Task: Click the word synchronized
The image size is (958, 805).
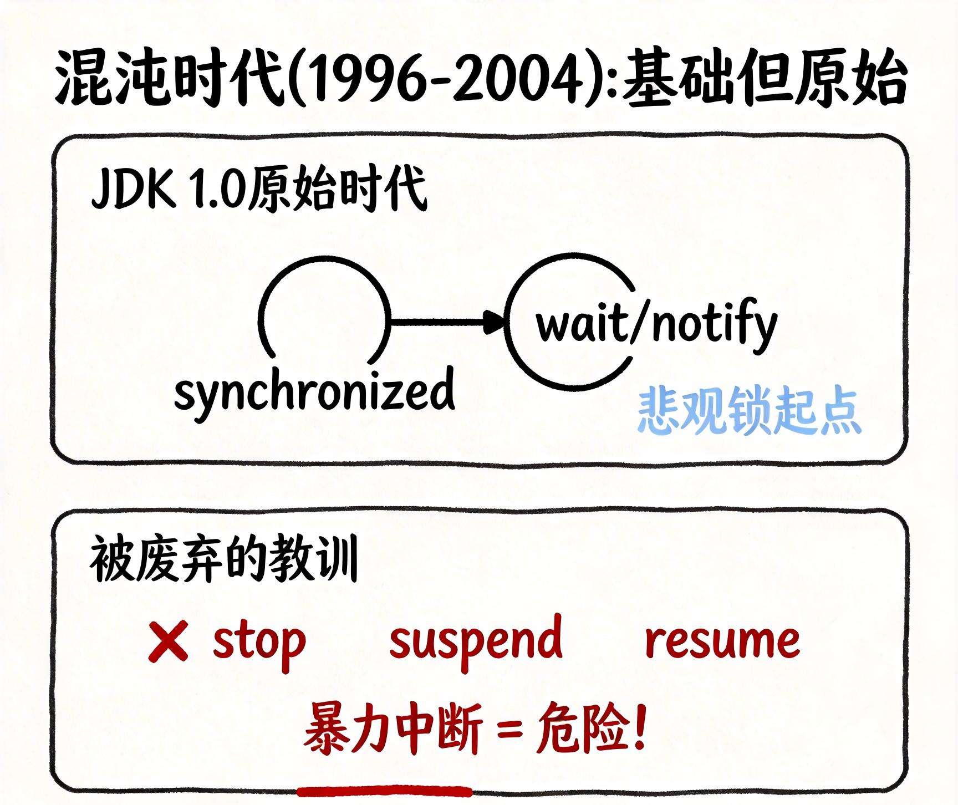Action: point(314,392)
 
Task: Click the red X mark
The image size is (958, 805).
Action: point(168,641)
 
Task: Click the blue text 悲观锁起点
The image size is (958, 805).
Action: point(750,411)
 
